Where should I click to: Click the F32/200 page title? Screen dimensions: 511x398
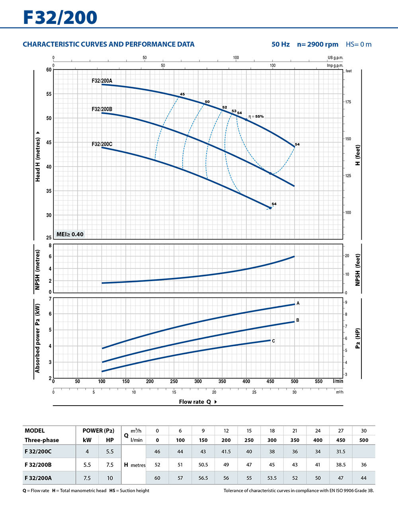point(60,17)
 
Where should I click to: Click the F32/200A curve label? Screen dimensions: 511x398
point(102,81)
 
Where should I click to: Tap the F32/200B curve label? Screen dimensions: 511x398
point(102,109)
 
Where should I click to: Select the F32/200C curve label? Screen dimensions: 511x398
point(102,144)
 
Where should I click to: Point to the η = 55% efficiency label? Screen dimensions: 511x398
point(256,117)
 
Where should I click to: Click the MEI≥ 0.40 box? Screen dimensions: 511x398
point(70,234)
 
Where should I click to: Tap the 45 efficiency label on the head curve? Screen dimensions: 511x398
point(182,94)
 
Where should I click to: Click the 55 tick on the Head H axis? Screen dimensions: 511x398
point(49,94)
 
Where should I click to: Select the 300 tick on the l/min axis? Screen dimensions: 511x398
point(198,381)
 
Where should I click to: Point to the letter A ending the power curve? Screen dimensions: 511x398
point(298,303)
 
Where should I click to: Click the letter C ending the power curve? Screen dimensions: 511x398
point(273,341)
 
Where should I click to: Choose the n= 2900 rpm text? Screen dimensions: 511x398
point(318,45)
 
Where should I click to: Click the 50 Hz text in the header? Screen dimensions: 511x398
point(281,45)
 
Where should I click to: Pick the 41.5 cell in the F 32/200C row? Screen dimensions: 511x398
point(226,451)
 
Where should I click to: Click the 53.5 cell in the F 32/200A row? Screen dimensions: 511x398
point(272,478)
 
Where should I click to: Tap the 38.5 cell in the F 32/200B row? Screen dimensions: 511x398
point(341,464)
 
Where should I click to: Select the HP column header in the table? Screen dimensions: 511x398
point(110,440)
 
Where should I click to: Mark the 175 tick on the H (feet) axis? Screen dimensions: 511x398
point(348,102)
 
